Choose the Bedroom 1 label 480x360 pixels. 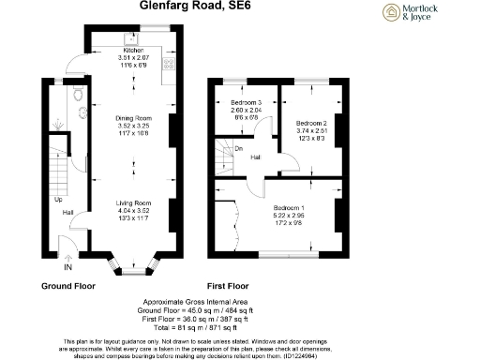coord(288,208)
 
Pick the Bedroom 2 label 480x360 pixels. coord(311,123)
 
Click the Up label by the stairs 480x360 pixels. coord(58,200)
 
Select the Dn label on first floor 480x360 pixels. coord(239,147)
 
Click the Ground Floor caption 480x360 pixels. coord(67,284)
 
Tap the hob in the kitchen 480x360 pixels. coord(171,65)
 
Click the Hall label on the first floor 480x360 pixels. coord(255,158)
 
